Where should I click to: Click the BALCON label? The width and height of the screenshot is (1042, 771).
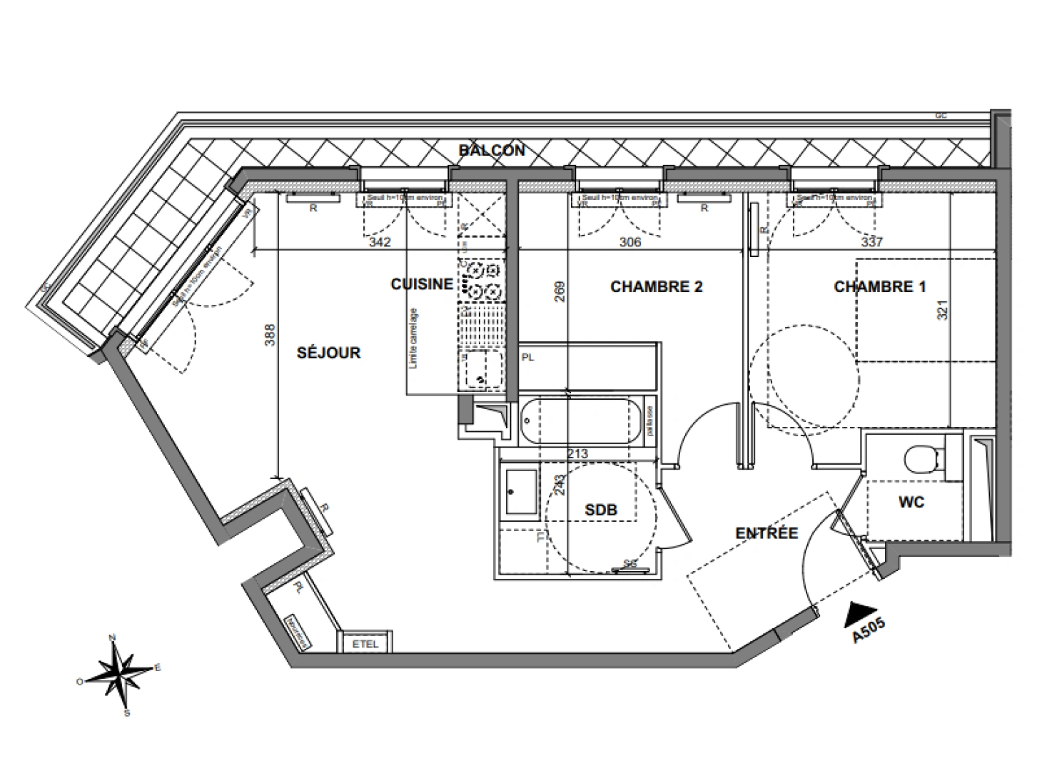492,151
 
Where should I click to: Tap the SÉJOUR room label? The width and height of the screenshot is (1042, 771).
329,353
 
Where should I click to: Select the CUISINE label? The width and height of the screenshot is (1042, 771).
422,284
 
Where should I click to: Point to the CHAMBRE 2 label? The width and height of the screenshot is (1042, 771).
656,287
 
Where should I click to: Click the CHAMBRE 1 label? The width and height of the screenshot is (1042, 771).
879,287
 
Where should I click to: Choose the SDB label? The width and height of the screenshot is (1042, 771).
600,510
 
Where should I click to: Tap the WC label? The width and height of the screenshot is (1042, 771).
911,503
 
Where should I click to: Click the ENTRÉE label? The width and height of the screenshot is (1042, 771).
767,533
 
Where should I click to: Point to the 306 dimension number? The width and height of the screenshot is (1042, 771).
629,242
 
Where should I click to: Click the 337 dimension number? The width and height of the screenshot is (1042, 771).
871,242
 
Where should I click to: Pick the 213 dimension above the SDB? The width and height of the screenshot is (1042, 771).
577,454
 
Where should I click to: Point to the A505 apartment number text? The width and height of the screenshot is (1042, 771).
869,631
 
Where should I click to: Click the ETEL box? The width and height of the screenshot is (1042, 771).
365,644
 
